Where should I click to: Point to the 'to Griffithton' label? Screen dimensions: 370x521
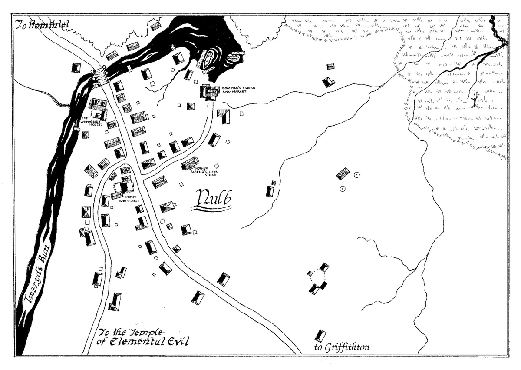click(341, 347)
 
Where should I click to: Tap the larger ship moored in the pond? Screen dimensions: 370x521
click(207, 59)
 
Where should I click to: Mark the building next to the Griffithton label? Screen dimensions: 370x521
click(321, 336)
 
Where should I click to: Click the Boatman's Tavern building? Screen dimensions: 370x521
click(208, 92)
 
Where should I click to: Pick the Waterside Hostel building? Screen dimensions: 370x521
click(98, 109)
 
